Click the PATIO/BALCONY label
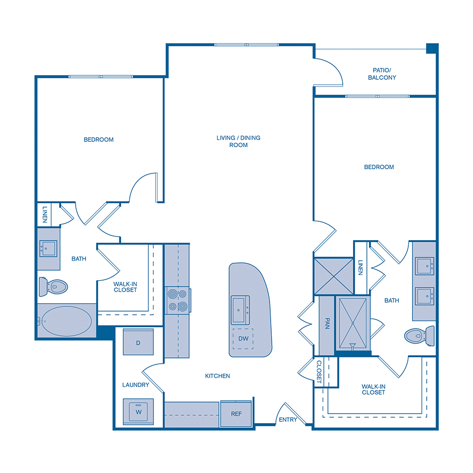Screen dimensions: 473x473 pos(382,74)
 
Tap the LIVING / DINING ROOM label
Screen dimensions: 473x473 pos(239,141)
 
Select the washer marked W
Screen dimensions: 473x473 pos(138,411)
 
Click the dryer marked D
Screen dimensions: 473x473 pos(138,343)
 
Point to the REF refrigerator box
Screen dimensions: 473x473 pos(236,414)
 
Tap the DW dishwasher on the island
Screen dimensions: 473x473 pos(243,338)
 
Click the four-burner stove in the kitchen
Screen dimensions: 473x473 pos(178,301)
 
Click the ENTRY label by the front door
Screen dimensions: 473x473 pos(288,419)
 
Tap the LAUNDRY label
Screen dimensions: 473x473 pos(136,385)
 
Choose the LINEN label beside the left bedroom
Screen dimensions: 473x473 pos(44,214)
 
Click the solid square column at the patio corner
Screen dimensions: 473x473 pos(431,48)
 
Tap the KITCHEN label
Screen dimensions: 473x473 pos(218,376)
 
